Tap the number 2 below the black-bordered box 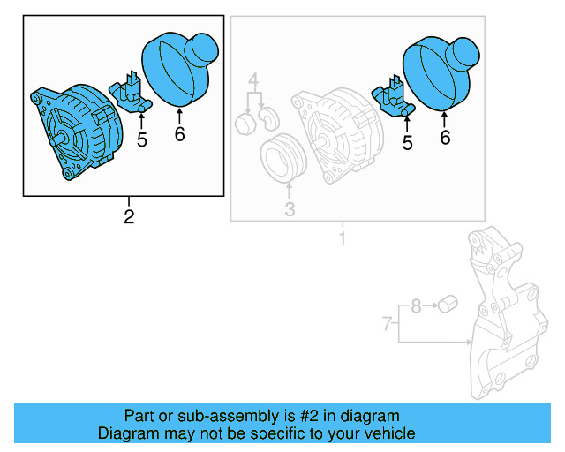[x=129, y=217]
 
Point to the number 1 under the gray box [x=343, y=239]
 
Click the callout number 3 [x=289, y=209]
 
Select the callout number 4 [x=253, y=81]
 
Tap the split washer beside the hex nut [x=267, y=118]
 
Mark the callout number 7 [x=386, y=325]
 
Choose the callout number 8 [x=415, y=307]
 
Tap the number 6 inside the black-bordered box [x=179, y=135]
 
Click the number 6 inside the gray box [x=445, y=137]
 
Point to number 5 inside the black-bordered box [x=141, y=139]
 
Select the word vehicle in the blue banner [x=385, y=433]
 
